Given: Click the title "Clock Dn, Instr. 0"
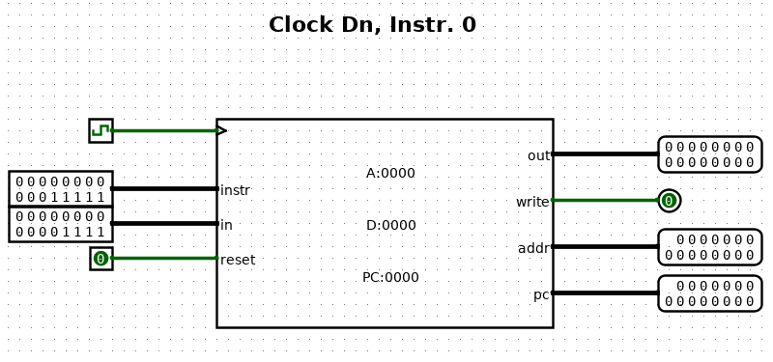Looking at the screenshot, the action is pos(372,25).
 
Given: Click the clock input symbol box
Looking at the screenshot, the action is pos(101,130).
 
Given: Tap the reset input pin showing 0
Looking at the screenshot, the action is pos(101,258).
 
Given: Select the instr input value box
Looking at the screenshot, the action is pos(61,188).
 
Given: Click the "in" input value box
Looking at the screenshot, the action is pos(61,224).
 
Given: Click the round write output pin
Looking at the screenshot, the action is pos(669,201).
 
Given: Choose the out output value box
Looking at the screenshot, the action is pos(710,154).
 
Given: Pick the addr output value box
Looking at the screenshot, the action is pos(710,247).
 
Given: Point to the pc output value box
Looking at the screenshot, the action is pos(710,293).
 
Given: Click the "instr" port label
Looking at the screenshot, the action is pos(235,190).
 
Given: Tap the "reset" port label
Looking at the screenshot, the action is pos(238,260).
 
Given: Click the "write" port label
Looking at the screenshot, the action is pos(532,202).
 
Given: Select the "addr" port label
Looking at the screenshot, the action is pos(533,249).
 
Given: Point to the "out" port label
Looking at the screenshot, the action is pos(538,155).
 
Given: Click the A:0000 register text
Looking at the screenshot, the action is pos(390,174).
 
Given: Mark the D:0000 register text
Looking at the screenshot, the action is pos(391,225).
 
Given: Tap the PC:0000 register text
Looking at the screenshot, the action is pos(390,277).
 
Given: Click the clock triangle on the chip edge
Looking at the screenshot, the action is pos(221,130).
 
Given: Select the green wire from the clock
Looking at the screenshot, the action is pos(165,130).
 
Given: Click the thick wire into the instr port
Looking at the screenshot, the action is pos(165,188).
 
